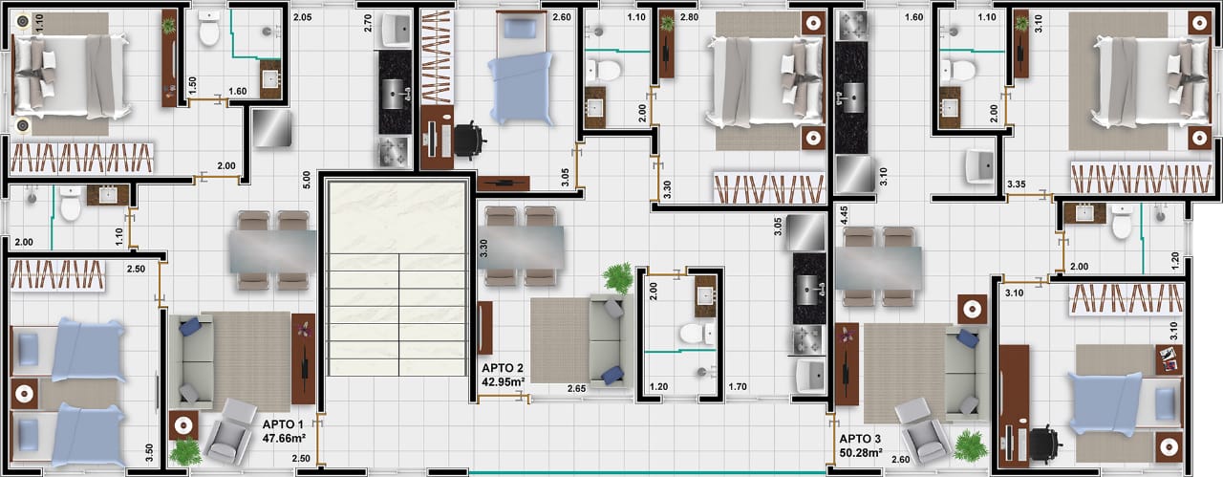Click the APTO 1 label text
click(283, 424)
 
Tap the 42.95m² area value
click(503, 382)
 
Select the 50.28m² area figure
click(861, 452)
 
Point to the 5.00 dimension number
click(307, 181)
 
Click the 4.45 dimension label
click(844, 215)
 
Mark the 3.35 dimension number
click(1016, 184)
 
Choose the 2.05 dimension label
click(303, 17)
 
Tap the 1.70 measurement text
click(737, 387)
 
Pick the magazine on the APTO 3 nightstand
click(1169, 358)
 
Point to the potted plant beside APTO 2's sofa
click(618, 278)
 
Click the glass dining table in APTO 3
click(878, 268)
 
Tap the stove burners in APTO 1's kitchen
click(395, 151)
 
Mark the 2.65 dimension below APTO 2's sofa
click(576, 389)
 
